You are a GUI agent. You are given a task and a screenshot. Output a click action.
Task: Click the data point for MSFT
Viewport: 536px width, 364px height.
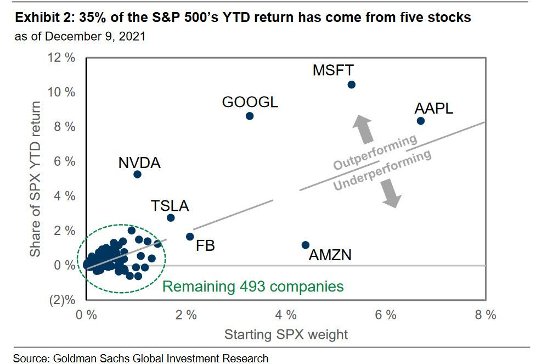(352, 85)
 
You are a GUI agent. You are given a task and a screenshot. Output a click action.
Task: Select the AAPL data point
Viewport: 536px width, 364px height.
(421, 121)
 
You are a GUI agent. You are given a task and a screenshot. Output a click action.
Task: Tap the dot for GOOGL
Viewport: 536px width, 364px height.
(250, 116)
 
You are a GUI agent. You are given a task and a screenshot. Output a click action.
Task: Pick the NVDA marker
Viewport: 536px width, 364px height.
(138, 174)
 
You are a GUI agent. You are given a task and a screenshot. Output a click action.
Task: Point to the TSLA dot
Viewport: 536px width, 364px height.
(171, 218)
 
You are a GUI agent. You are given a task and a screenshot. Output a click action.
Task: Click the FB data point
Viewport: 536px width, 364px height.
(190, 237)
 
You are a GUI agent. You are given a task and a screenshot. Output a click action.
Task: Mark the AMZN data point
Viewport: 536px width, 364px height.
(306, 245)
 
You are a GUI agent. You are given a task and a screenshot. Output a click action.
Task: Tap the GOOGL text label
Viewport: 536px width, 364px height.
(250, 102)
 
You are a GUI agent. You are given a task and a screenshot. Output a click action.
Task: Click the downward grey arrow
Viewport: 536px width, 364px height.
(390, 195)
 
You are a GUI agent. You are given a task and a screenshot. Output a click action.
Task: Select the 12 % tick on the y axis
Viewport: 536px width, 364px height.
(61, 57)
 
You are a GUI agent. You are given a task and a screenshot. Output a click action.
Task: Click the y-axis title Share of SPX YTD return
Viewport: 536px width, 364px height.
(36, 179)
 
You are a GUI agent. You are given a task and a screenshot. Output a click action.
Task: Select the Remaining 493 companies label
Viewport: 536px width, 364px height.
(253, 286)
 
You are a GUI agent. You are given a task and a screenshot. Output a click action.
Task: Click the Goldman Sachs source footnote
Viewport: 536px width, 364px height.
(141, 358)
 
